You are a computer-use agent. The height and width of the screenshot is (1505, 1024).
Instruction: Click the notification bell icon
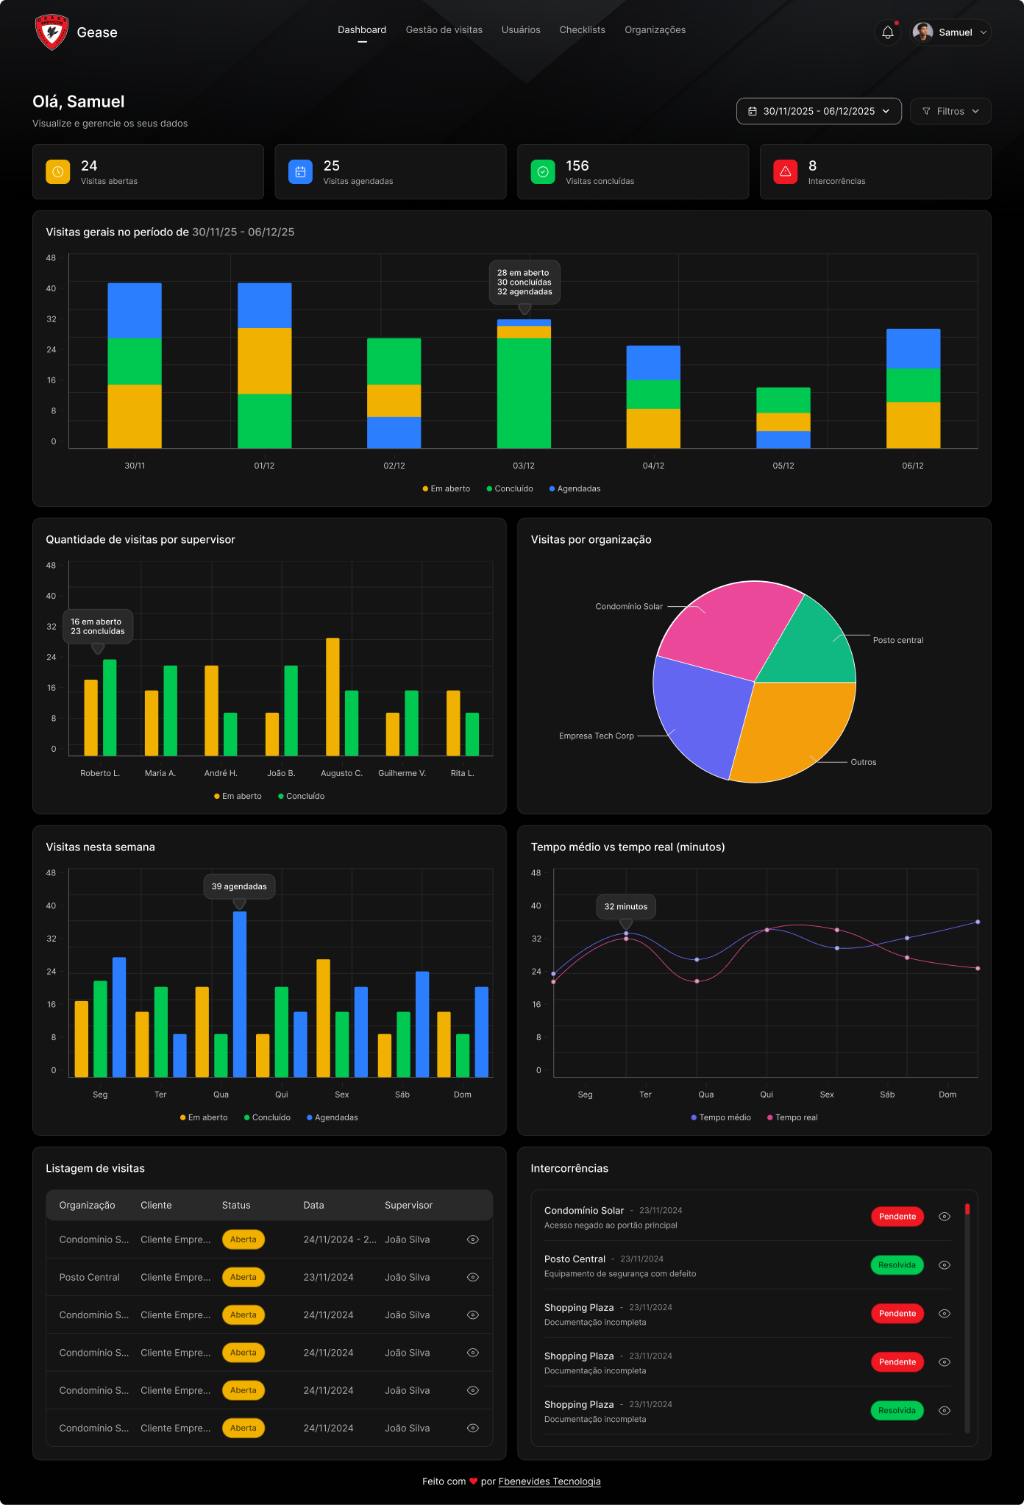point(888,32)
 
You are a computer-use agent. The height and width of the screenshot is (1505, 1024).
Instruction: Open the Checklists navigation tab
point(582,30)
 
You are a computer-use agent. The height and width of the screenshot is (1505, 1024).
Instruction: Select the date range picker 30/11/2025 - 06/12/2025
point(819,111)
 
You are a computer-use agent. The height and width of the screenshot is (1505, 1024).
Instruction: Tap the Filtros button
point(950,111)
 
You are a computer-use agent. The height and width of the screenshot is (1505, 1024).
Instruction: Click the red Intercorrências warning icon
point(785,171)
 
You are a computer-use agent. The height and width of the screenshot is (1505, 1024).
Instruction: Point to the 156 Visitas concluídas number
point(577,166)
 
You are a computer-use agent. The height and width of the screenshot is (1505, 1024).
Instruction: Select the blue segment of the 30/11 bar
point(135,310)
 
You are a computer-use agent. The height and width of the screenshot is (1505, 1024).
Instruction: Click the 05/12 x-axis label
point(783,466)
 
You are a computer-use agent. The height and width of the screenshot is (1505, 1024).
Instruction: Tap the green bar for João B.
point(291,710)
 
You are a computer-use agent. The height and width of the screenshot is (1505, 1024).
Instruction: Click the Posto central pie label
point(897,640)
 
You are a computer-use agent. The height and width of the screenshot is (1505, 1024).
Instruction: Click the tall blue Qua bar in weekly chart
point(240,993)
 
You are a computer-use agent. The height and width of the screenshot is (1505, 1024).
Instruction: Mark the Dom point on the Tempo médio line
point(978,922)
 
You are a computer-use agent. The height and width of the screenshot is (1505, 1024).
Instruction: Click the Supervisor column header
point(408,1205)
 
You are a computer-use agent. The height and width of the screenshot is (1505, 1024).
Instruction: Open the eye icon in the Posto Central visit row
point(473,1277)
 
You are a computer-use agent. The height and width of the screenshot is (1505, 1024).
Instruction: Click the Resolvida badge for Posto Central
point(897,1265)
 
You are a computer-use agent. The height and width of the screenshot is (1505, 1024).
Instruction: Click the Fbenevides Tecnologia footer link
point(550,1481)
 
